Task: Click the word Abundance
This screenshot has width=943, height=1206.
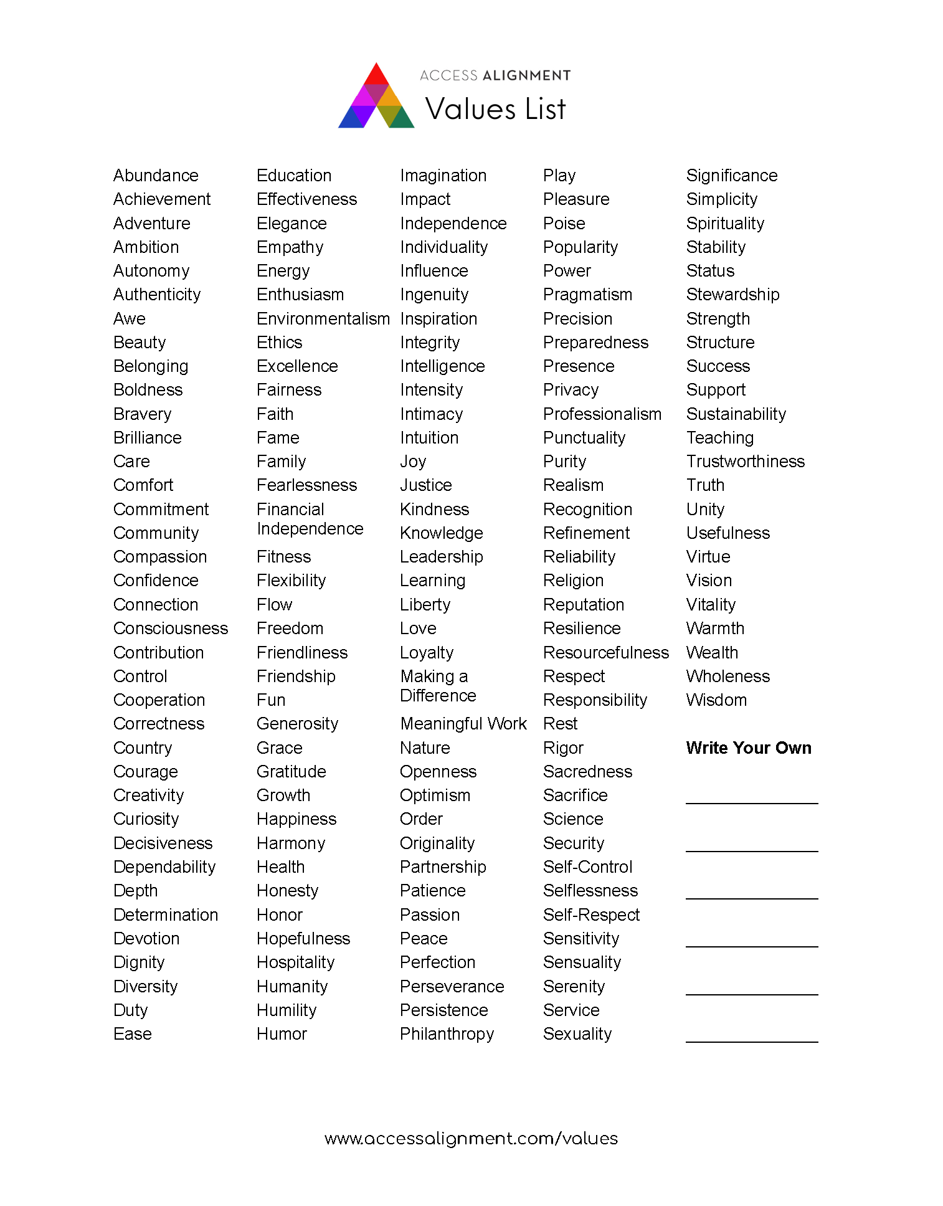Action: pos(156,176)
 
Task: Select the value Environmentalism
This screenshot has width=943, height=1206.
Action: pos(323,319)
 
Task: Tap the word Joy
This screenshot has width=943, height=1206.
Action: pos(412,462)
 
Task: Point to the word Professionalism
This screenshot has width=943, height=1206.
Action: pos(602,414)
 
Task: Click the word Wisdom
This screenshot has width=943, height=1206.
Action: pos(716,700)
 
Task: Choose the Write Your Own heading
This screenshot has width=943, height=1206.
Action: pos(748,748)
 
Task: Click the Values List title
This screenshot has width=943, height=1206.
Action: pos(495,109)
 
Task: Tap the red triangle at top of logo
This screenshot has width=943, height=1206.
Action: pos(376,75)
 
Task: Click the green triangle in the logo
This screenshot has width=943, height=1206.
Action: pos(402,119)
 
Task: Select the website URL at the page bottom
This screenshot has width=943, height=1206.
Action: pos(471,1139)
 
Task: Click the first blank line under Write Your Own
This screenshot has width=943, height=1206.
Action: pos(751,802)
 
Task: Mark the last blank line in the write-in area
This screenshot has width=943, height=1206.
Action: pos(751,1040)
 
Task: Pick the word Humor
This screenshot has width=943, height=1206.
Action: pos(282,1034)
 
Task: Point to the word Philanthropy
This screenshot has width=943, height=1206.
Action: pos(447,1034)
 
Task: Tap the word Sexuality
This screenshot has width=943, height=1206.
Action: pos(577,1034)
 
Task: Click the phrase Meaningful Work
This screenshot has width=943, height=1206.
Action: pos(463,724)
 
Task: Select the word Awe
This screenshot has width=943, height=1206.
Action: pos(129,319)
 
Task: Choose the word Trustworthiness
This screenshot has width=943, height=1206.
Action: pos(745,462)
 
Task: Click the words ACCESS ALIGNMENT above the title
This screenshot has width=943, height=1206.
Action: pos(495,75)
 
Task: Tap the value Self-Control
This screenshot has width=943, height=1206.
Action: pos(587,867)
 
